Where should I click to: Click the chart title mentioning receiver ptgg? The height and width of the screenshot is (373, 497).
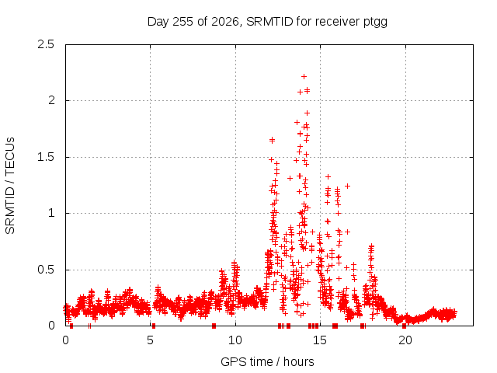tap(267, 22)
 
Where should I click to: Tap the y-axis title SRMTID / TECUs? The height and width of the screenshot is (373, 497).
tap(10, 186)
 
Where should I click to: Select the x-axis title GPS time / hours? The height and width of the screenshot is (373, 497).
tap(267, 361)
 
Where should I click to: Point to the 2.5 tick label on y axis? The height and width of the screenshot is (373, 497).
tap(46, 44)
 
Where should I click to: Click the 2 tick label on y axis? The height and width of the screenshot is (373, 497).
tap(51, 100)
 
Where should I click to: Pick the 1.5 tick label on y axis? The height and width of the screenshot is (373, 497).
tap(47, 157)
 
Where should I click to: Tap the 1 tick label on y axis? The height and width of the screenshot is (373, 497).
tap(51, 213)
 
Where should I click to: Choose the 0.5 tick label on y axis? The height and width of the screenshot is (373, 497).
tap(46, 270)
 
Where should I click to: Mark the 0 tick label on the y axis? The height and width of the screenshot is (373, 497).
tap(51, 326)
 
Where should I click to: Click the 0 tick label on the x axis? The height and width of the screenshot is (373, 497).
tap(65, 340)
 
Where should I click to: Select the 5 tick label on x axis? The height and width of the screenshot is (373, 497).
tap(150, 340)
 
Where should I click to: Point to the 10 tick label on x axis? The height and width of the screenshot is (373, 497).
tap(235, 340)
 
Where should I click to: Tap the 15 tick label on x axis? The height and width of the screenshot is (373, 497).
tap(320, 340)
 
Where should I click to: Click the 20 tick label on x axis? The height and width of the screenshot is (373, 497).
tap(405, 340)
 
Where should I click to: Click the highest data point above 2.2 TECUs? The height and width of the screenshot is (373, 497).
tap(304, 76)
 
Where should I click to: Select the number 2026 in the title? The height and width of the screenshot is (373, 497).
tap(225, 22)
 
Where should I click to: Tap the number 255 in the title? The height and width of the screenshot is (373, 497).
tap(182, 22)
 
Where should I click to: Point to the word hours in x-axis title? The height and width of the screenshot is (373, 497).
tap(298, 361)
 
